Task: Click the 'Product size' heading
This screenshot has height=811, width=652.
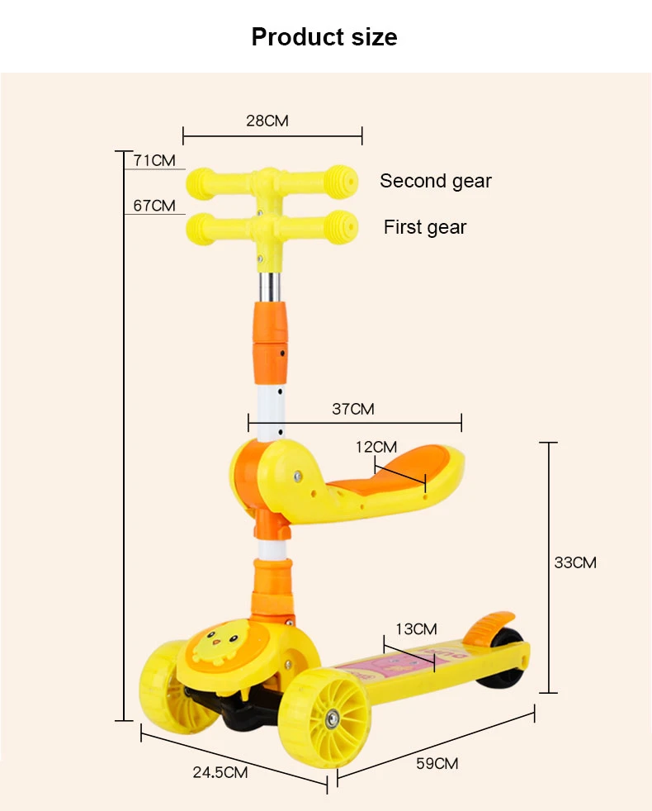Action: click(x=324, y=36)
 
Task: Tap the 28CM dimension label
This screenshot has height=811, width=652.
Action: click(x=267, y=121)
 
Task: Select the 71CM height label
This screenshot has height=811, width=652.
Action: click(x=154, y=160)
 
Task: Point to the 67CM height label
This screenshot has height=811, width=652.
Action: click(x=154, y=206)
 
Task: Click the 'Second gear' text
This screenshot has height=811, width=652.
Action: click(x=436, y=181)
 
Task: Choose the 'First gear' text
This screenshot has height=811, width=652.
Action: click(x=425, y=227)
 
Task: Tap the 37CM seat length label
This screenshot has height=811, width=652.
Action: click(x=353, y=409)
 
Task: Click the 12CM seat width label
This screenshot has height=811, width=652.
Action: click(x=376, y=447)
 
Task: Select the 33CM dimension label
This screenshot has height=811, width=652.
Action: click(x=575, y=562)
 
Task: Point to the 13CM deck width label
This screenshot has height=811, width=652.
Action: click(x=416, y=629)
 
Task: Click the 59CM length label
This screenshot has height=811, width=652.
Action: click(x=437, y=763)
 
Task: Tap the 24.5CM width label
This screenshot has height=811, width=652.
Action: click(x=220, y=772)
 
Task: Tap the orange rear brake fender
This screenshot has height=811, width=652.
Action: click(x=488, y=628)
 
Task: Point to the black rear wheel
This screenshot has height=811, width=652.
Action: click(x=503, y=660)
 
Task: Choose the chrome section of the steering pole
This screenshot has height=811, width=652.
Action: click(x=270, y=287)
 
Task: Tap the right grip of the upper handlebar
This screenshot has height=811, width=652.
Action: click(x=341, y=182)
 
